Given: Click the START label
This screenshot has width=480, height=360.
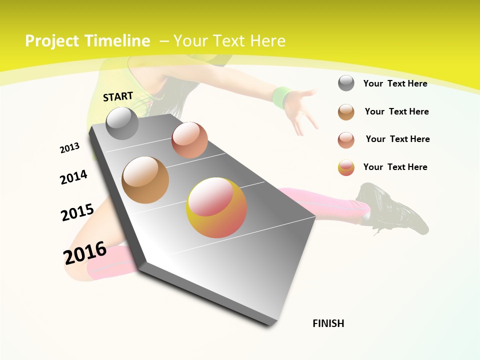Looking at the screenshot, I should click(118, 96).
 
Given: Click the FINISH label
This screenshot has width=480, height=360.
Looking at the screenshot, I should click(328, 323).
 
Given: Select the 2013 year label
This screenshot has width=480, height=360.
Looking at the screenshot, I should click(69, 148).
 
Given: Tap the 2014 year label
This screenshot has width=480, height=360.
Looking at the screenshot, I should click(73, 177).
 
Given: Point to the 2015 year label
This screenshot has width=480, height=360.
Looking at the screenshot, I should click(77, 212).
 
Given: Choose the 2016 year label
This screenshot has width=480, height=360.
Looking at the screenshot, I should click(85, 252).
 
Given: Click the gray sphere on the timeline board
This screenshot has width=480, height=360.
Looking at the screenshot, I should click(122, 123).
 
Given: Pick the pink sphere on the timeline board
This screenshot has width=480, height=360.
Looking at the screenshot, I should click(189, 140).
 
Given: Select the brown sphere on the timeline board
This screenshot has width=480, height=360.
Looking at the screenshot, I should click(145, 180).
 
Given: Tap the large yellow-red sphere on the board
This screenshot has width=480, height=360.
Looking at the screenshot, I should click(216, 207).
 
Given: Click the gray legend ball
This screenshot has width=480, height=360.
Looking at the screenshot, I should click(346, 83).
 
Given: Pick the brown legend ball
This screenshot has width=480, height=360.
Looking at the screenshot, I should click(346, 112).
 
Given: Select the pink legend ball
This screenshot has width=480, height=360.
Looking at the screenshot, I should click(346, 140).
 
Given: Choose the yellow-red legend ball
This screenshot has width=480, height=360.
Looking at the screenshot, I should click(346, 167).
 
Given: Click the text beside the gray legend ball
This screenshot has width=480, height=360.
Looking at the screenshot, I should click(395, 83).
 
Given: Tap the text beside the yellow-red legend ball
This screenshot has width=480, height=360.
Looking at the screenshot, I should click(395, 167).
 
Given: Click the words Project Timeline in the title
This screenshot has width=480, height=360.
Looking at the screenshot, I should click(87, 41).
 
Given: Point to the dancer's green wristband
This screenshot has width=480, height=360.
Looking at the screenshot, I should click(282, 96).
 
